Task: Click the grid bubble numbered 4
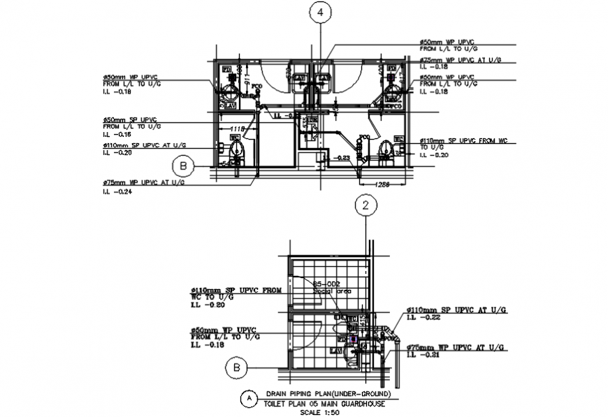320,12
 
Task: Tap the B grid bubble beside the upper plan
183,166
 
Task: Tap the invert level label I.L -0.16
117,133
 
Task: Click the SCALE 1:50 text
317,412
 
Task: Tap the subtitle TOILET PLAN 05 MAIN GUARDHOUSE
319,404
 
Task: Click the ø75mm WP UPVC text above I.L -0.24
143,182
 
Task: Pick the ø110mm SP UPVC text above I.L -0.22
456,309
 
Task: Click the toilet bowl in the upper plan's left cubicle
236,149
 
